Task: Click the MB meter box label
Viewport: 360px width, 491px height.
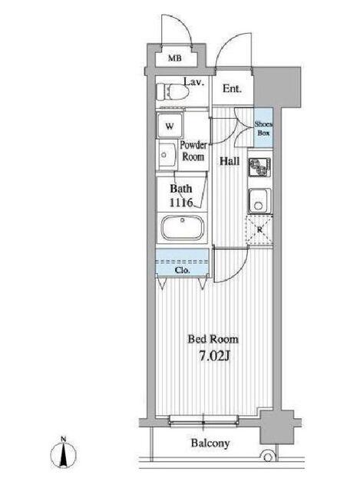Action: click(174, 58)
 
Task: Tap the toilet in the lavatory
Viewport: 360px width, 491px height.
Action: click(172, 92)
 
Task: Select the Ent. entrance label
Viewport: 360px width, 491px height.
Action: click(232, 89)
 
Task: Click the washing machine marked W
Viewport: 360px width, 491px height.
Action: click(170, 126)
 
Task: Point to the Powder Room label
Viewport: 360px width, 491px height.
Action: click(193, 150)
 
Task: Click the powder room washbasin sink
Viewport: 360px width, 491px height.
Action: click(167, 155)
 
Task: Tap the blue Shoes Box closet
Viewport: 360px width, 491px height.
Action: click(263, 127)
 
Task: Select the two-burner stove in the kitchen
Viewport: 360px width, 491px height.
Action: click(259, 167)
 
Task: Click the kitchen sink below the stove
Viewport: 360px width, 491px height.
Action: click(259, 200)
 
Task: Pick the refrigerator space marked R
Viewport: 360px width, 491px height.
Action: click(259, 230)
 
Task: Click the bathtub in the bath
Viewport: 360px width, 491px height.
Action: click(182, 227)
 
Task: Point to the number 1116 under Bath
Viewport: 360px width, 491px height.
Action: click(181, 203)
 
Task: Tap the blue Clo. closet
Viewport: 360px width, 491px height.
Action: click(182, 262)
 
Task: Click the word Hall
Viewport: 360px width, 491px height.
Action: click(230, 161)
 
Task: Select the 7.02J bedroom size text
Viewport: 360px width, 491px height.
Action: click(215, 356)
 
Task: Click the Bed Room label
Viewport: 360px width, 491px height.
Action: click(213, 339)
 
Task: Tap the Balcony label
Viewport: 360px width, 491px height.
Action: click(210, 443)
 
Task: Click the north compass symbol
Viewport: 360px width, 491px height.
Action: click(64, 453)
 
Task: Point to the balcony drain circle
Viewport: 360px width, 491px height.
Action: click(268, 457)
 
